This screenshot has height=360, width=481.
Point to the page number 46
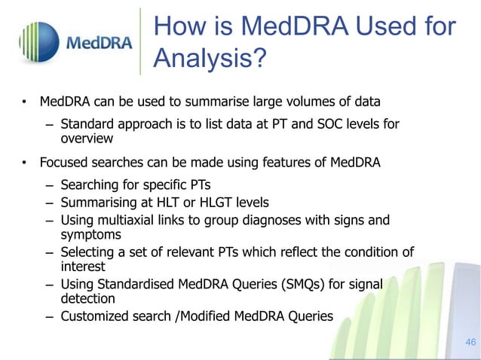pos(470,343)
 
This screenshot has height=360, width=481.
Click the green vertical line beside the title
pos(141,41)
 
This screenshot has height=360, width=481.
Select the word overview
pos(87,139)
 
